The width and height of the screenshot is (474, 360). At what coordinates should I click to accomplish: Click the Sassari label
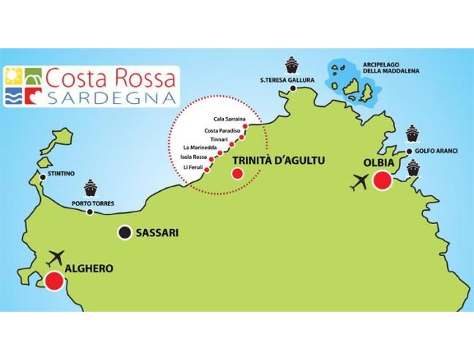click(157, 233)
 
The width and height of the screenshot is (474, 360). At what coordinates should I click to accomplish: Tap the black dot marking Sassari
click(124, 233)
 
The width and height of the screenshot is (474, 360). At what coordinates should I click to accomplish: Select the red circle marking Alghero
click(53, 281)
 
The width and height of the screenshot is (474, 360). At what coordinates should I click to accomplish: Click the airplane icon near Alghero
click(56, 258)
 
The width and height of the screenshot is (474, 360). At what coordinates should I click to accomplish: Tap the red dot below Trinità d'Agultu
click(237, 174)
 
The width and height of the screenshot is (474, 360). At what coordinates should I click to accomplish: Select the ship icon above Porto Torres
click(91, 188)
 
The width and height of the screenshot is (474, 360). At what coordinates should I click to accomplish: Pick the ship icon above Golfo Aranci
click(412, 134)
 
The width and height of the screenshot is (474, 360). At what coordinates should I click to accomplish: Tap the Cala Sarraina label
click(228, 118)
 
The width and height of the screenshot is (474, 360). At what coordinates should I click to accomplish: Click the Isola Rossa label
click(193, 157)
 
